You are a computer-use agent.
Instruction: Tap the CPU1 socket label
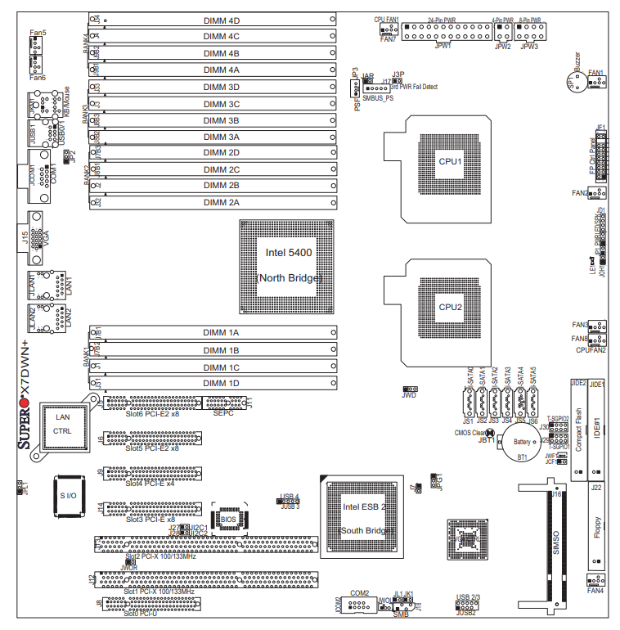(x=450, y=162)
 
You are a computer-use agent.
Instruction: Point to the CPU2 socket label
(x=450, y=308)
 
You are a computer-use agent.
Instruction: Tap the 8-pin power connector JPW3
(x=529, y=32)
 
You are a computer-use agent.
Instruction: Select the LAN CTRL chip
(x=63, y=424)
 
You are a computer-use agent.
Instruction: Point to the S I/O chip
(x=67, y=496)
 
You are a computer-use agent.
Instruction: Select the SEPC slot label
(x=224, y=413)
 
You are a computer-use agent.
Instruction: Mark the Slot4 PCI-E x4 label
(x=150, y=484)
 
